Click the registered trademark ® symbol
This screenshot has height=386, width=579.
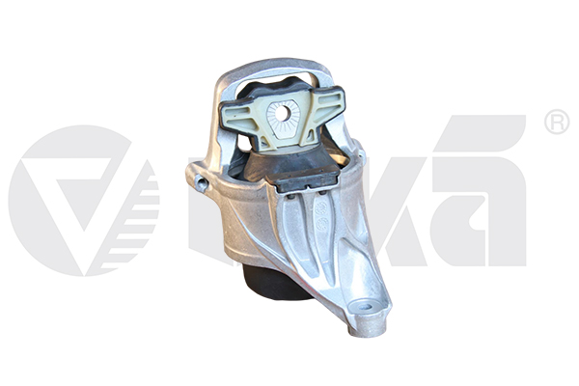pyautogui.click(x=557, y=122)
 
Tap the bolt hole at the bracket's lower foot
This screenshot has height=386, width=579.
pyautogui.click(x=367, y=306)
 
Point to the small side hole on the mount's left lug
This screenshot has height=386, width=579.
pyautogui.click(x=201, y=181)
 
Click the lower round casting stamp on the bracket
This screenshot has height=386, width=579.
pyautogui.click(x=322, y=224)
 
